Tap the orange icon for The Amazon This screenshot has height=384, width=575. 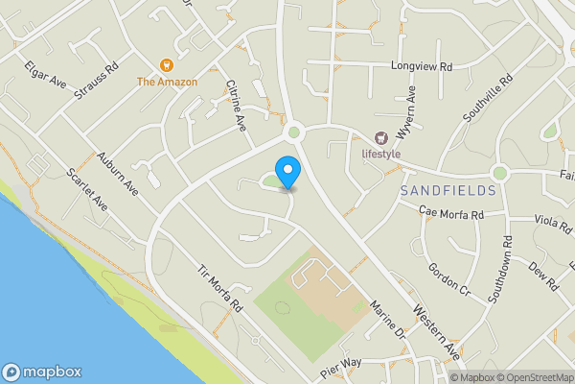click(167, 65)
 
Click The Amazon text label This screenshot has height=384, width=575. click(167, 82)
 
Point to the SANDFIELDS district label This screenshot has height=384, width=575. click(448, 190)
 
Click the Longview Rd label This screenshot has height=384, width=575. click(421, 66)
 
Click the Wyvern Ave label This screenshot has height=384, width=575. click(411, 108)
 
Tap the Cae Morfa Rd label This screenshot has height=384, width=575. click(450, 213)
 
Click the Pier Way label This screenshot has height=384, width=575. click(340, 365)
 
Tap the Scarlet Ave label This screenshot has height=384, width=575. click(86, 192)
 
